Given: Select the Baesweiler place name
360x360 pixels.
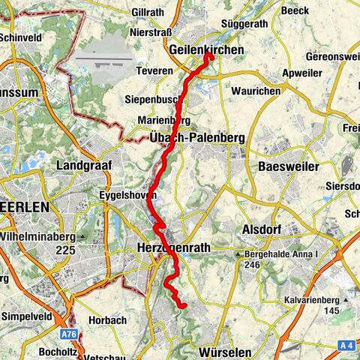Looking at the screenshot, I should [289, 166].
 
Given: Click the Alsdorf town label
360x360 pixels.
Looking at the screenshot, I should [262, 229].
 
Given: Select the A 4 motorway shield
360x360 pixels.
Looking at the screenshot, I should [345, 344].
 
